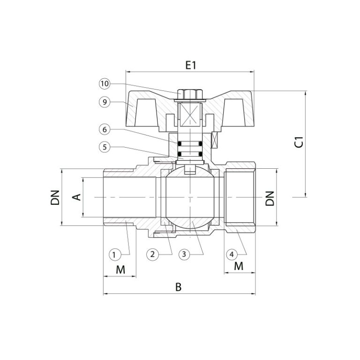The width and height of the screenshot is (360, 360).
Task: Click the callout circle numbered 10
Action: (x=105, y=83)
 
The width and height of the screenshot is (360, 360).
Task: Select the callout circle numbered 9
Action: (x=105, y=102)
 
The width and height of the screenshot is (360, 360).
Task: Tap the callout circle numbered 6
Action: (x=105, y=129)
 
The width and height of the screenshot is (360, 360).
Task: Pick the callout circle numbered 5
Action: (x=105, y=147)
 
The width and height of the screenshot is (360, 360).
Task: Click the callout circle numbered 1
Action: (x=114, y=255)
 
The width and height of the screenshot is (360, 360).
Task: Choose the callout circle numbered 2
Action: (x=152, y=255)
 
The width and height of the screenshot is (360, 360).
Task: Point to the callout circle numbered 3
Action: (x=184, y=255)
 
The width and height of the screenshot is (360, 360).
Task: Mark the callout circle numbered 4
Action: (x=232, y=255)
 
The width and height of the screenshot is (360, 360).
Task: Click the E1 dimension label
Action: (x=191, y=66)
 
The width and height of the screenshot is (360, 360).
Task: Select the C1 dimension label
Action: (x=299, y=142)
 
